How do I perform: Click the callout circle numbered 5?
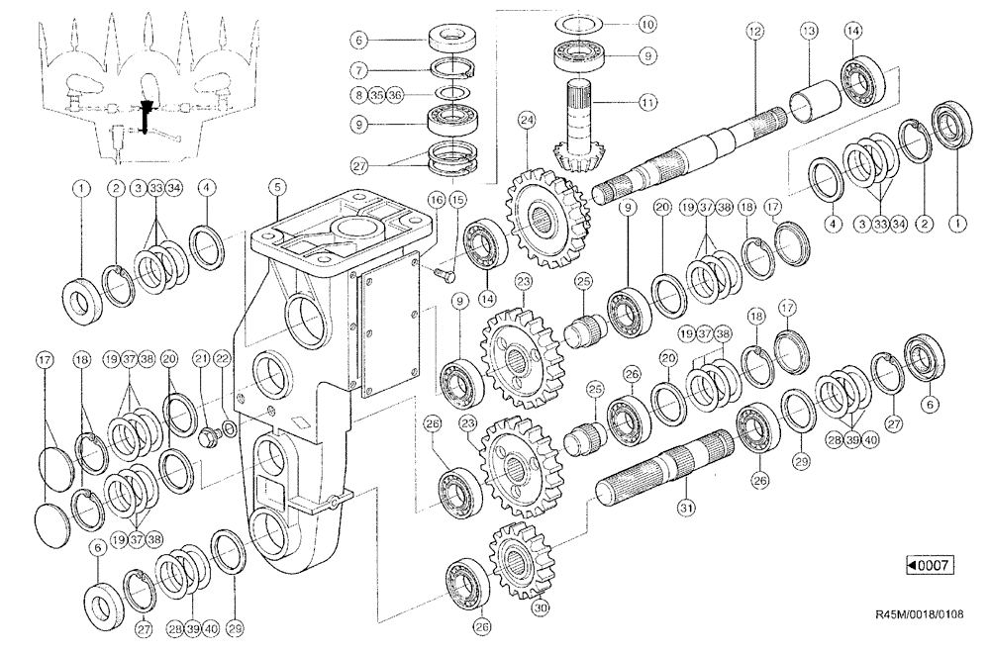point(278,186)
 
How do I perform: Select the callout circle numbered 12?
point(755,33)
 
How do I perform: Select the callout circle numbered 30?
point(540,608)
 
